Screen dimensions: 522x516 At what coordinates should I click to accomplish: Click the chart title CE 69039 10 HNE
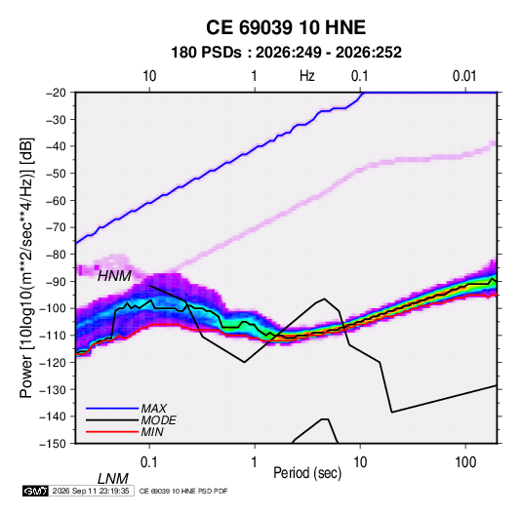(286, 27)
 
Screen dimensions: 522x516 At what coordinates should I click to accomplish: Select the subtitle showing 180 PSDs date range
(286, 53)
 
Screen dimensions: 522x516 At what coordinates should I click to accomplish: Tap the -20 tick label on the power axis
(56, 93)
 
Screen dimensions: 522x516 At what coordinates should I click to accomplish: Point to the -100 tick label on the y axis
(53, 308)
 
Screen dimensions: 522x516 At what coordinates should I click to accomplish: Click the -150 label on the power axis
(53, 444)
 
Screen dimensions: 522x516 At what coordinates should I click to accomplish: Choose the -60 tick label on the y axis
(56, 200)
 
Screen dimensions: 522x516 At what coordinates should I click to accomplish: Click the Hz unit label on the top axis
(307, 76)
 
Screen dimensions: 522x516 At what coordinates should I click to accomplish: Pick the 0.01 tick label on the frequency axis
(464, 76)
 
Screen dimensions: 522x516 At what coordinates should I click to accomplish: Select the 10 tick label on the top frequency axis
(149, 76)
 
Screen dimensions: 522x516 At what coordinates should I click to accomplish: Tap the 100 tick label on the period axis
(465, 462)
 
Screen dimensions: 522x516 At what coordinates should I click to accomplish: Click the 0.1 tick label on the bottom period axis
(149, 462)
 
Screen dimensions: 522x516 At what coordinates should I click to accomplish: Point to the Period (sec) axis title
(307, 473)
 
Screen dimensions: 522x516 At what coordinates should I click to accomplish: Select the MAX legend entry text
(154, 409)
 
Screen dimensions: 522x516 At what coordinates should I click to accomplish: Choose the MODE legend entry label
(158, 420)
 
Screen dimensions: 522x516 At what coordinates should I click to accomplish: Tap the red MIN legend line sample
(112, 432)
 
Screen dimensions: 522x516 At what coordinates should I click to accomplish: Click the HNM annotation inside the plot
(114, 276)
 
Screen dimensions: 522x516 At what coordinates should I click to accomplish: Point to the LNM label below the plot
(112, 479)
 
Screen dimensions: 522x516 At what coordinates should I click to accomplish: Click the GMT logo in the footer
(35, 491)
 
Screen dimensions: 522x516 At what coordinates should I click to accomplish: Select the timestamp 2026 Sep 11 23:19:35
(91, 491)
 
